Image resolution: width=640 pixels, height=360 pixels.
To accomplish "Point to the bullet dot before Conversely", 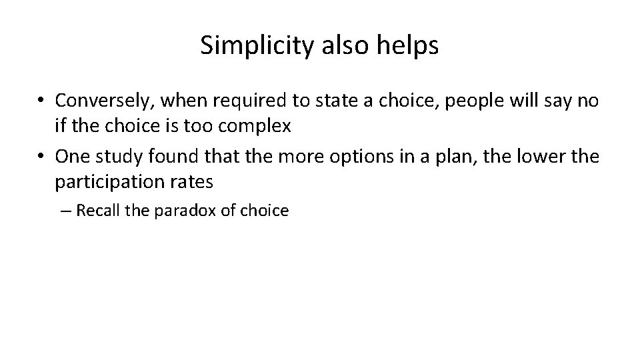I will click(x=41, y=101).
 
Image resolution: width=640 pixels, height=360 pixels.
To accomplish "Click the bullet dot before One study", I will click(x=41, y=157).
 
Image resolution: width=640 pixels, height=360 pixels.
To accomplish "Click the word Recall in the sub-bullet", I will click(x=97, y=211).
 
